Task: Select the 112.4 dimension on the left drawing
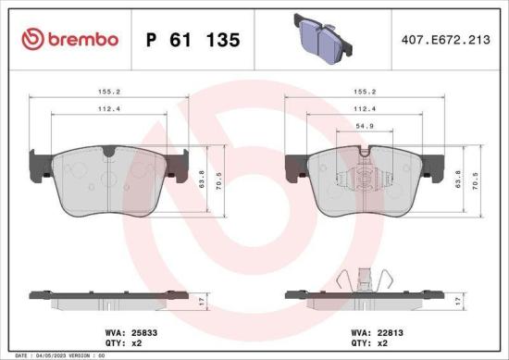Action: click(x=110, y=108)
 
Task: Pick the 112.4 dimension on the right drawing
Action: click(x=364, y=108)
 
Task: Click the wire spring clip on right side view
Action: click(x=363, y=277)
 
